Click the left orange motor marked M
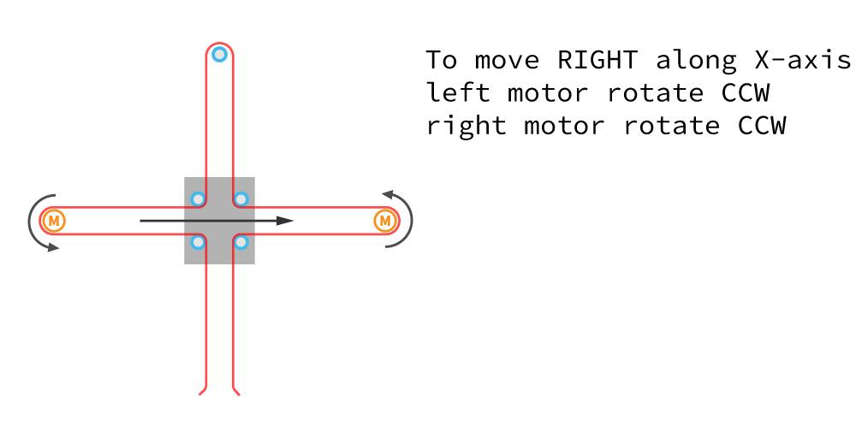click(x=54, y=221)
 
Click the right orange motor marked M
click(x=385, y=221)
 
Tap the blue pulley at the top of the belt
click(x=219, y=55)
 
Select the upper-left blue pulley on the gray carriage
click(x=198, y=199)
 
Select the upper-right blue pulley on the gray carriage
click(x=241, y=199)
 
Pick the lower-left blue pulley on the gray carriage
click(x=198, y=242)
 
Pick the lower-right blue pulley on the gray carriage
click(x=241, y=242)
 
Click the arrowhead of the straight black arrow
click(x=286, y=221)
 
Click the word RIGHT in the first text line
click(x=597, y=60)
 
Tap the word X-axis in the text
click(x=803, y=60)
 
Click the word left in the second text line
click(x=457, y=92)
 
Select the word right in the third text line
click(x=467, y=127)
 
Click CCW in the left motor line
click(x=746, y=92)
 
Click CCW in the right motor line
click(x=762, y=126)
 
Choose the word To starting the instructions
click(x=441, y=60)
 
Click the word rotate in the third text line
click(x=671, y=126)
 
